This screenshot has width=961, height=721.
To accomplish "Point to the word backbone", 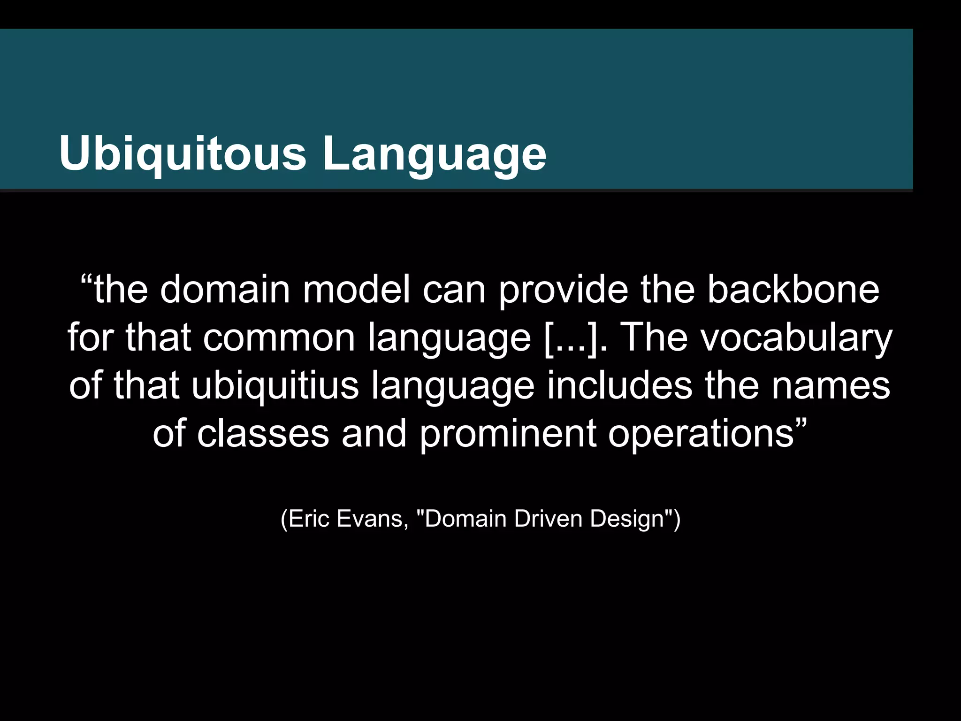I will click(793, 290).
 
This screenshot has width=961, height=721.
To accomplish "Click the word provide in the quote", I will click(563, 290).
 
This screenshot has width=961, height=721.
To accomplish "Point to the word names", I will click(831, 385).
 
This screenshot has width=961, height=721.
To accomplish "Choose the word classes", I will click(263, 433).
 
